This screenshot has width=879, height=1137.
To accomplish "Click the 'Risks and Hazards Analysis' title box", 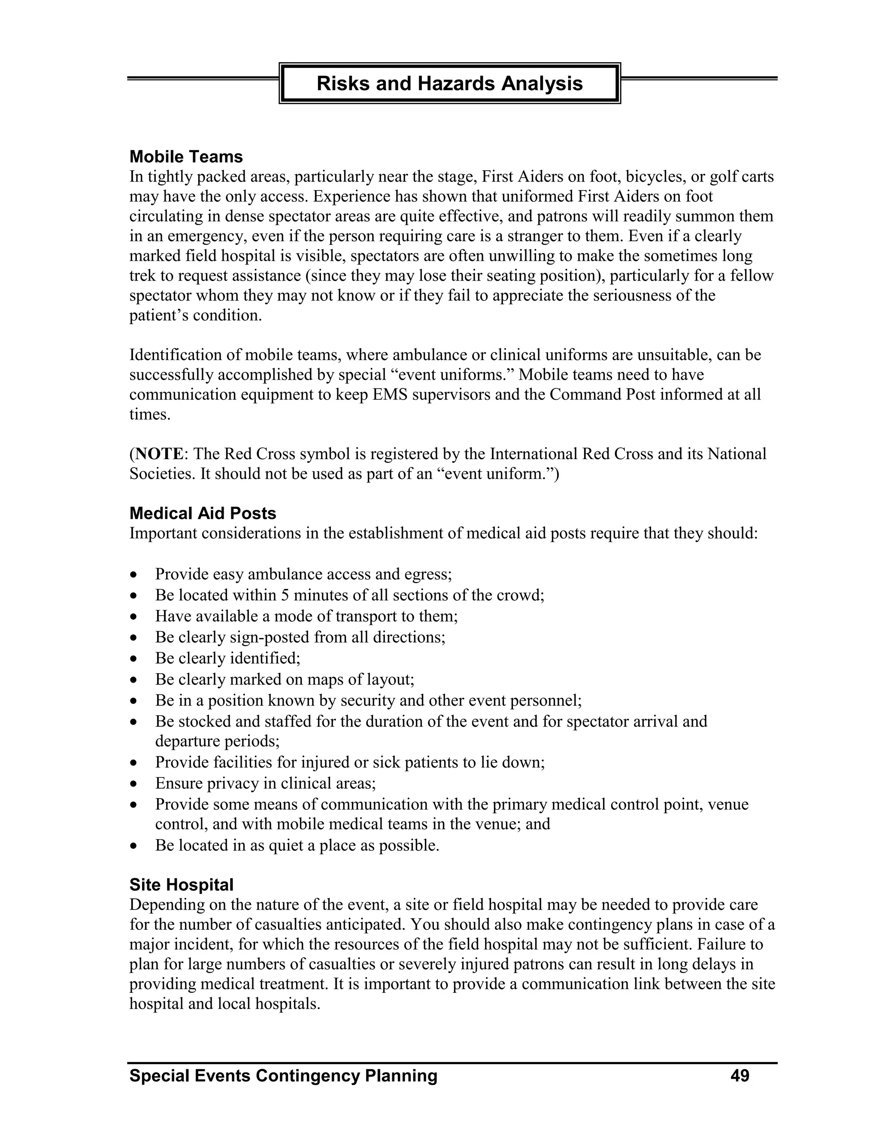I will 449,83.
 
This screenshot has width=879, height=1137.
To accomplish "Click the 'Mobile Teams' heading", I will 186,157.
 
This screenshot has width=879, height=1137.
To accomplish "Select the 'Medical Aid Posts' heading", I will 203,513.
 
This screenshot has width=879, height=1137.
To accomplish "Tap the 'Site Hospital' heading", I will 181,885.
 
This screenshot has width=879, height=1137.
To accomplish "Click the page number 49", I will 740,1076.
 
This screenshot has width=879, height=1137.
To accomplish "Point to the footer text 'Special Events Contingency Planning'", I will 283,1076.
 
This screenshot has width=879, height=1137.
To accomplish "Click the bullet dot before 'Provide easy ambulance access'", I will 134,575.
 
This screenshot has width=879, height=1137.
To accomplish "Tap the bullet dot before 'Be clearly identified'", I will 134,659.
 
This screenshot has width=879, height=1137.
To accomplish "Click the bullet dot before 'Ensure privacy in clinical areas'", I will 134,784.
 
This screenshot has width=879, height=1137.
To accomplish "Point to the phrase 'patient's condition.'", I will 195,315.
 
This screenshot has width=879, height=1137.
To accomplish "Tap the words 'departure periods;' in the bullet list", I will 217,741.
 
